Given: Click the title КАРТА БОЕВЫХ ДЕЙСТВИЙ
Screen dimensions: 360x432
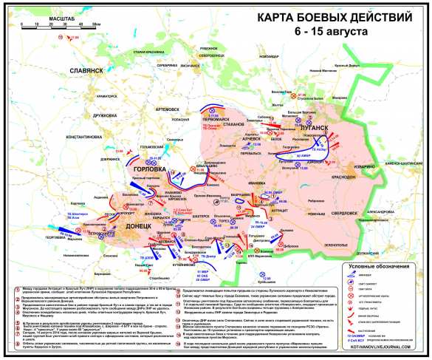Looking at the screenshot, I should click(x=335, y=18).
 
